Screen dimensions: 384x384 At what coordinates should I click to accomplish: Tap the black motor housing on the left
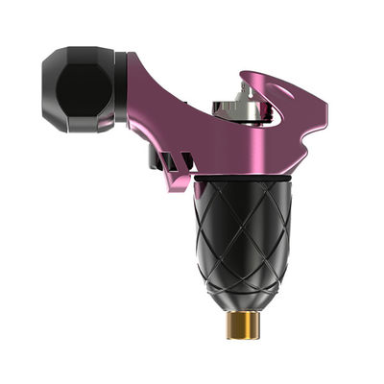pyautogui.click(x=82, y=91)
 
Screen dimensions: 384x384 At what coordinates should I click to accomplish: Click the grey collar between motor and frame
pyautogui.click(x=121, y=91)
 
